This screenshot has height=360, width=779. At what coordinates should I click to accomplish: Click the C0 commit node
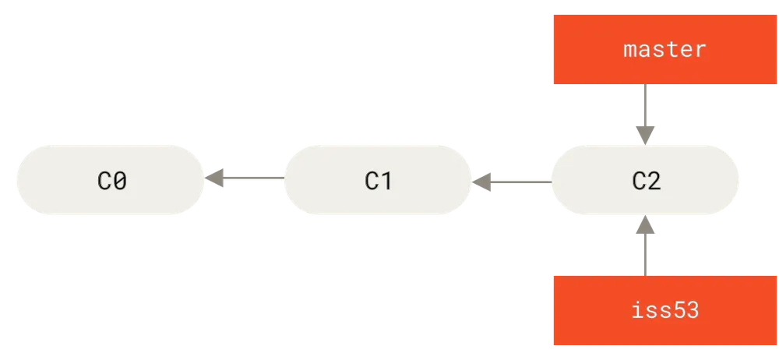[111, 180]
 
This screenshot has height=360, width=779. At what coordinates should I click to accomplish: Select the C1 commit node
[378, 180]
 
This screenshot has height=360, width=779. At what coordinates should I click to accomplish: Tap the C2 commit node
[645, 180]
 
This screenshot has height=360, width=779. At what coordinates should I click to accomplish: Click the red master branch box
[665, 49]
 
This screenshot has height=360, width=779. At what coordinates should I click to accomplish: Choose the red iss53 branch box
[665, 310]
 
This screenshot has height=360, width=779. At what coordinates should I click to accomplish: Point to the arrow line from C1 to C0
[245, 178]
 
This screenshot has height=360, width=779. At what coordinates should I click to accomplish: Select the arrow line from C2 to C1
[512, 182]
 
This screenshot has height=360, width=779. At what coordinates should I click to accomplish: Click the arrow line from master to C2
[645, 115]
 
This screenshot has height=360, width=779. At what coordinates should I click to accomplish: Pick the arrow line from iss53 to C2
[645, 245]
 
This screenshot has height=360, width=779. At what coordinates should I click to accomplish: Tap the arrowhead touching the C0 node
[214, 178]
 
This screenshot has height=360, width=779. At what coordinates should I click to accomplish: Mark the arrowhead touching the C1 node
[481, 182]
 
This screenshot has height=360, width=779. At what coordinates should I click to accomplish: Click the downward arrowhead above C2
[645, 136]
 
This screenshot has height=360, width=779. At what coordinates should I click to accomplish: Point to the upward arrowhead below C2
[645, 224]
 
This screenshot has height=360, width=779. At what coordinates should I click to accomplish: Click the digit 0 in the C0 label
[119, 181]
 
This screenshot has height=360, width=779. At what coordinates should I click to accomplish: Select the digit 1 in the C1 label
[386, 181]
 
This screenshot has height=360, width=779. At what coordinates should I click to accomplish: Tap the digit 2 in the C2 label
[654, 181]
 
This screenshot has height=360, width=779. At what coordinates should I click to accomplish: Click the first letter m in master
[630, 51]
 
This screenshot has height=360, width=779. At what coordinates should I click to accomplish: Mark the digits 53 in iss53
[685, 310]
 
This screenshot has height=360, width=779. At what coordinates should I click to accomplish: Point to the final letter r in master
[700, 51]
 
